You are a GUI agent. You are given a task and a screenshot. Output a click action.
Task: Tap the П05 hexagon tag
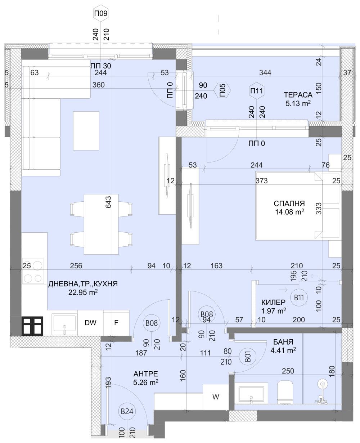click(223, 90)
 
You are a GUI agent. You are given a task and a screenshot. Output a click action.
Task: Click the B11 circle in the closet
click(299, 297)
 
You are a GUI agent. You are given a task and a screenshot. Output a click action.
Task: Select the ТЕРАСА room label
click(297, 95)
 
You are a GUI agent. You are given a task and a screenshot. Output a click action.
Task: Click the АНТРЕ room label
click(146, 373)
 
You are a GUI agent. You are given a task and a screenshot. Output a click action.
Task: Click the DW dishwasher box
click(90, 323)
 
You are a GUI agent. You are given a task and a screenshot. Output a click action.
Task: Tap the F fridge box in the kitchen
click(116, 323)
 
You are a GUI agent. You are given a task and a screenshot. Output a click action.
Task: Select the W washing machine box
click(215, 397)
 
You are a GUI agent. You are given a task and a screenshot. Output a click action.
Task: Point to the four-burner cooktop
click(33, 272)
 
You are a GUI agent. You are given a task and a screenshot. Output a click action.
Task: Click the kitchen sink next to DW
click(64, 323)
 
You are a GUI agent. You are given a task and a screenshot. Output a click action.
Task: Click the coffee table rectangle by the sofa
click(86, 131)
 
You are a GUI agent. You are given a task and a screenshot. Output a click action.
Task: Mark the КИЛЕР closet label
click(274, 302)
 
